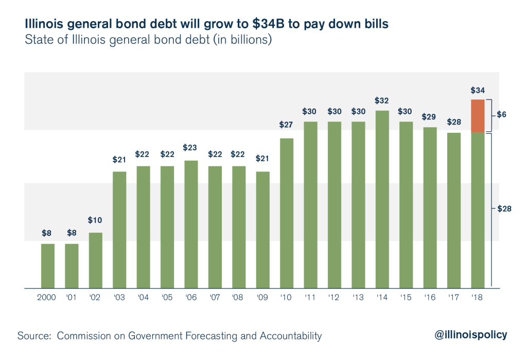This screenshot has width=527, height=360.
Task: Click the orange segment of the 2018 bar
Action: point(478,116)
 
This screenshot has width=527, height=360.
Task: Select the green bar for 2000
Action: point(48,266)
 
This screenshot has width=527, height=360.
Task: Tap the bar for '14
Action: point(382,199)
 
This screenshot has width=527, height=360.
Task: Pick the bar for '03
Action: point(119,230)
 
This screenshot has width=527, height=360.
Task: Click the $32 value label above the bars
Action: point(382,100)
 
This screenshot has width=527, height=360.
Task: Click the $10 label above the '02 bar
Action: point(95,220)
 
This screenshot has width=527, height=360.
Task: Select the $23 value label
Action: point(191,147)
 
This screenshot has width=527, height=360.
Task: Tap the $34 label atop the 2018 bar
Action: point(478,89)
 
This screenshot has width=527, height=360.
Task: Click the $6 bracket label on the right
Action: point(502,114)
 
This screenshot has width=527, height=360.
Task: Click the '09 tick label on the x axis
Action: point(262,297)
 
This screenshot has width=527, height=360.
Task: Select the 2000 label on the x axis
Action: point(48,297)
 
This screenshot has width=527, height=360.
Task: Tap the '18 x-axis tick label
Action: point(478,297)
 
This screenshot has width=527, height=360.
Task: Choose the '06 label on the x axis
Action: point(191,297)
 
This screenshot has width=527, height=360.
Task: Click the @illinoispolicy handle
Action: point(471,335)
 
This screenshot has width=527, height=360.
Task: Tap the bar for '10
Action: point(286,213)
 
